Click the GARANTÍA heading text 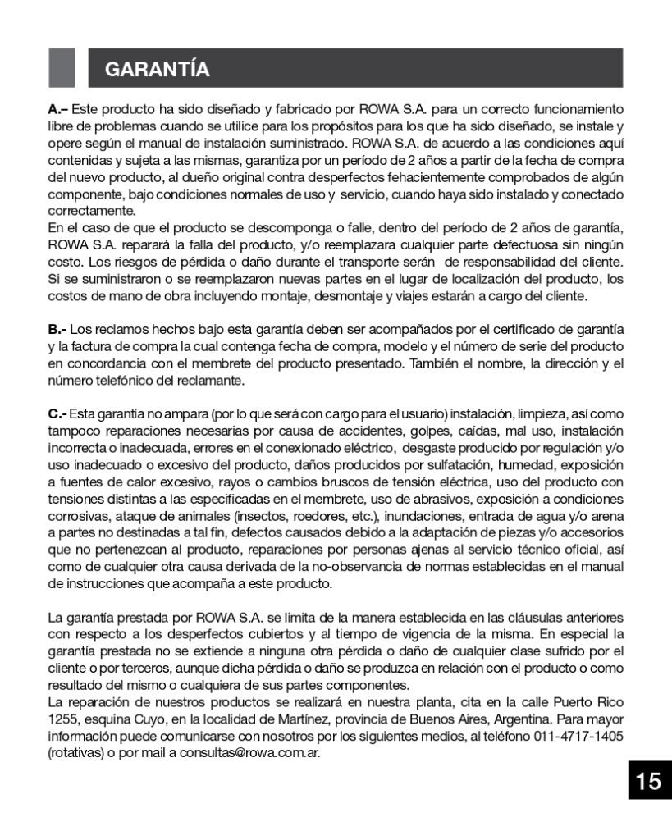coord(158,70)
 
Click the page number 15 coord(647,782)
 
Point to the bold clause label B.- coord(59,329)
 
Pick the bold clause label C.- coord(59,413)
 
